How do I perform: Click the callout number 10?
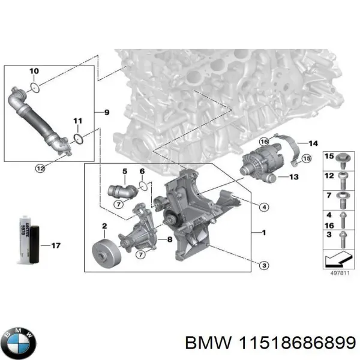(34, 71)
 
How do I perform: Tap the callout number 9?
(106, 112)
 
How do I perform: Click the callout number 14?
(312, 143)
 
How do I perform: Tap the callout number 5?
(125, 172)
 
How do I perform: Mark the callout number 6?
(142, 172)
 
